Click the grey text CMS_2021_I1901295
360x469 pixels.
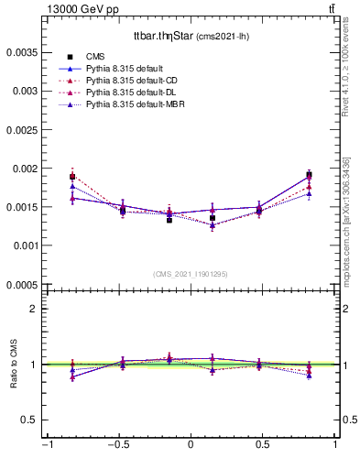pyautogui.click(x=191, y=274)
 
